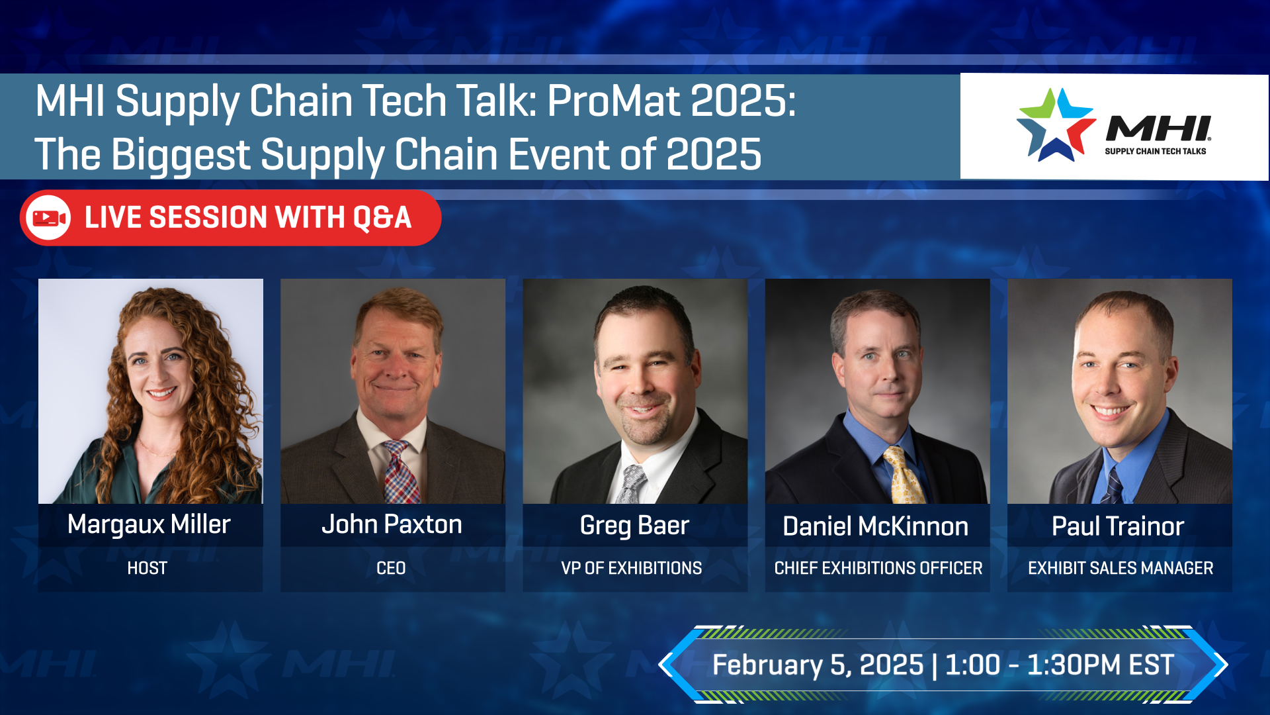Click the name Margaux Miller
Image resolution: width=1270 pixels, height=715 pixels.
149,524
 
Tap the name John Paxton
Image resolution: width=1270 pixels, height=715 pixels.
392,524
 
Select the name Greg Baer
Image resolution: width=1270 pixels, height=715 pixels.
634,526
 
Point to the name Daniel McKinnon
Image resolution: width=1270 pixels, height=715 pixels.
875,527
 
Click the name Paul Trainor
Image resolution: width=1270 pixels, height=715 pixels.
1118,527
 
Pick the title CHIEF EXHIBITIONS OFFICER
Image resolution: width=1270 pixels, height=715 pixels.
878,568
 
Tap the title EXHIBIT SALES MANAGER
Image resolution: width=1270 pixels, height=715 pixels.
1120,568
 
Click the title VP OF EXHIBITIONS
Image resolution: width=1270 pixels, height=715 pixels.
631,568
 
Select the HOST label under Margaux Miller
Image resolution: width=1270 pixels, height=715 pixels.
147,568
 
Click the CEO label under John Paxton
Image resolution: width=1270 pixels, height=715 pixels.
391,568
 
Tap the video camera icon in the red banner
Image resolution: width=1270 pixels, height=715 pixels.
50,218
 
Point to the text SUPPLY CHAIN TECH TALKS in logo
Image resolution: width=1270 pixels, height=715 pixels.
1155,152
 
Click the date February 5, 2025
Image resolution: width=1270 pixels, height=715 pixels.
818,665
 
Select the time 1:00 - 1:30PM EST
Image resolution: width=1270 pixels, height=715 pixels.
1059,665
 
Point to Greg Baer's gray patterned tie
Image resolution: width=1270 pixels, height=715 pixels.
632,483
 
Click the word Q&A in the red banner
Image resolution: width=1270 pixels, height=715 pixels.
382,218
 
